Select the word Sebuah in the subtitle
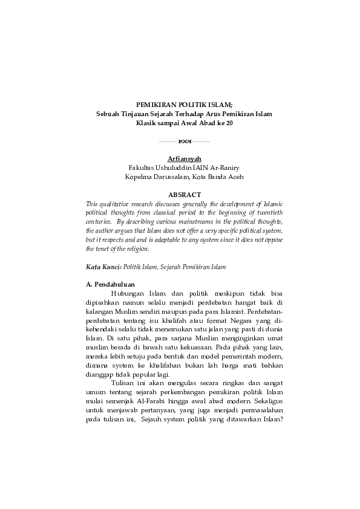pyautogui.click(x=110, y=113)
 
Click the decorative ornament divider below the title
pyautogui.click(x=183, y=141)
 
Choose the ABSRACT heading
pyautogui.click(x=183, y=196)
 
